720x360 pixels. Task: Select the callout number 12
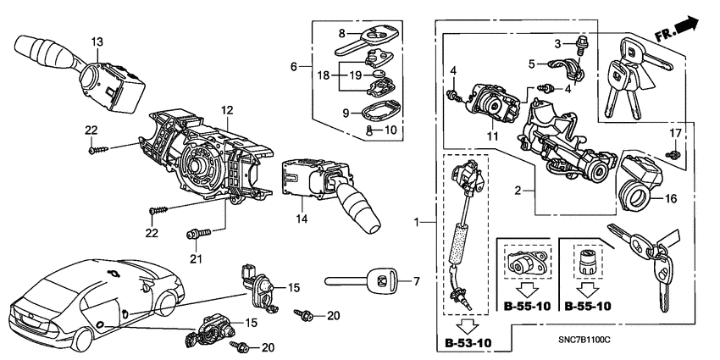(x=227, y=110)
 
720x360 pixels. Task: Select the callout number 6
(x=295, y=67)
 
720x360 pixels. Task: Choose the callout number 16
(x=671, y=202)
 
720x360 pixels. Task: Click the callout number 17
(x=675, y=133)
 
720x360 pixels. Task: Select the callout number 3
(x=559, y=43)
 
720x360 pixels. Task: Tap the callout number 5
(x=532, y=63)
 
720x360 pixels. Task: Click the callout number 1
(x=415, y=222)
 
